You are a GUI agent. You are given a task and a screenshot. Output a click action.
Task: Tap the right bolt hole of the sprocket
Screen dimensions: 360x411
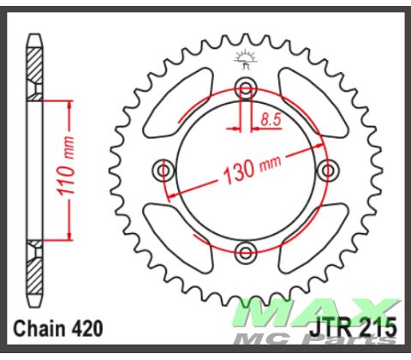[327, 170]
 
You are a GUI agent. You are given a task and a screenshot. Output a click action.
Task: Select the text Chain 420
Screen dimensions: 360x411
[58, 327]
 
